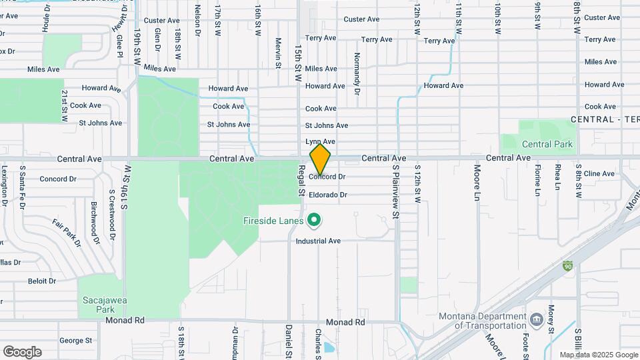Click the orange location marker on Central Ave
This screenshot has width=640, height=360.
[x=320, y=159]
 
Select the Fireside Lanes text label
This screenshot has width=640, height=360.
[x=273, y=220]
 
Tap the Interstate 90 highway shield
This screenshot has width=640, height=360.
[x=567, y=265]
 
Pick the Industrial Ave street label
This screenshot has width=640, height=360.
[x=319, y=241]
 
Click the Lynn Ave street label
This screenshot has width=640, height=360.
[x=320, y=141]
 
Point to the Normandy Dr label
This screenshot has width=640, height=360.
[x=357, y=70]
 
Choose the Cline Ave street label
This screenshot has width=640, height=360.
[x=599, y=173]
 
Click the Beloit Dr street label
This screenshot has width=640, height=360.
[x=42, y=281]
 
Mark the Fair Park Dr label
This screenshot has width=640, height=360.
[x=67, y=233]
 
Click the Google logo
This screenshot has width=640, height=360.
[x=22, y=351]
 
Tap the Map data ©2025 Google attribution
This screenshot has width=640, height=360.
[x=599, y=355]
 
